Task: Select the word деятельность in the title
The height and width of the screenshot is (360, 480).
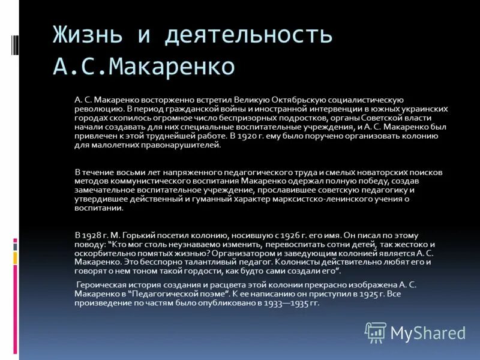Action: [x=248, y=35]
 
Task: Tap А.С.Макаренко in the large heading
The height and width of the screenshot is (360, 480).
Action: [x=143, y=66]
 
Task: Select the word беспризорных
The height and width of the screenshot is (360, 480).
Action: [x=250, y=118]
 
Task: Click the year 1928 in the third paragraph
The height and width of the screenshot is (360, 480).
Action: [x=92, y=236]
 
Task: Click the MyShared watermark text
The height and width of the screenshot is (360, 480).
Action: [x=428, y=333]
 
